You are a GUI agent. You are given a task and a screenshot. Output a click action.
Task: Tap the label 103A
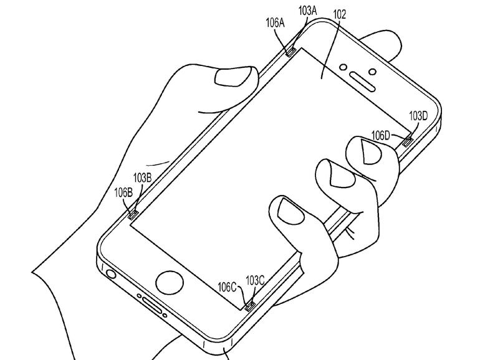click(x=307, y=11)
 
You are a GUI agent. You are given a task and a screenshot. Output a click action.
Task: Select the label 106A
click(x=275, y=24)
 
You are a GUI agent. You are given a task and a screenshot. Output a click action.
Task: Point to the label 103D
click(x=418, y=116)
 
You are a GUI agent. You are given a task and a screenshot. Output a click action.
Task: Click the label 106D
click(x=380, y=134)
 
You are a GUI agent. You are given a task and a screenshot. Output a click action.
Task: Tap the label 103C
click(x=256, y=281)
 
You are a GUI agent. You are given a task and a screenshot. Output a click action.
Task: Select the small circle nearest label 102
click(x=342, y=66)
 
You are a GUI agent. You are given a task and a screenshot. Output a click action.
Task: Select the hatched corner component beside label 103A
click(x=291, y=52)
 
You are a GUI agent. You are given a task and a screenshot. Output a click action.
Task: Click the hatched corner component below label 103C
click(x=250, y=305)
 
